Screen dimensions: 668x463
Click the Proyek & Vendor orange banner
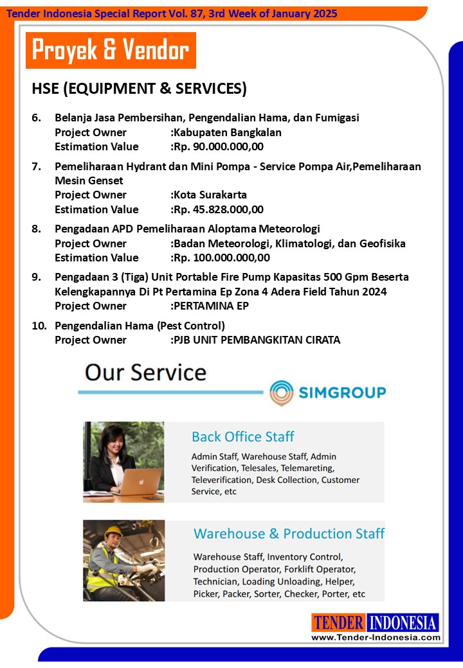click(x=111, y=50)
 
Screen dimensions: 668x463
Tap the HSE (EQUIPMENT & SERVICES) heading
click(x=139, y=89)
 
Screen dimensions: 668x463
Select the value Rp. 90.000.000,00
click(x=219, y=146)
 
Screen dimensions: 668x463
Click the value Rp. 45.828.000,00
click(x=219, y=209)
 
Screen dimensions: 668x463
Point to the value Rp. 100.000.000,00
click(x=222, y=258)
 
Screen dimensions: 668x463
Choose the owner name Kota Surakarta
click(x=210, y=195)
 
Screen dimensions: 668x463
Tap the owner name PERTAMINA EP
click(x=211, y=306)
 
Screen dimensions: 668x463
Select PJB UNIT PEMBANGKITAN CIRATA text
click(x=257, y=340)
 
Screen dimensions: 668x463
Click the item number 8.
click(x=37, y=229)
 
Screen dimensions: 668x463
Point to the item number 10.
click(x=39, y=326)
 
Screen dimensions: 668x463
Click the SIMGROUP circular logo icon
click(x=282, y=392)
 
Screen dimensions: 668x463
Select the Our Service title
click(x=146, y=373)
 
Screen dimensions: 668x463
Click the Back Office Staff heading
click(x=242, y=437)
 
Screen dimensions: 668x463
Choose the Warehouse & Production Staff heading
click(x=289, y=534)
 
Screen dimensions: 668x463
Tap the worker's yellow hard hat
click(x=113, y=532)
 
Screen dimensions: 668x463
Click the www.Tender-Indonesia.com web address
click(x=376, y=637)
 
